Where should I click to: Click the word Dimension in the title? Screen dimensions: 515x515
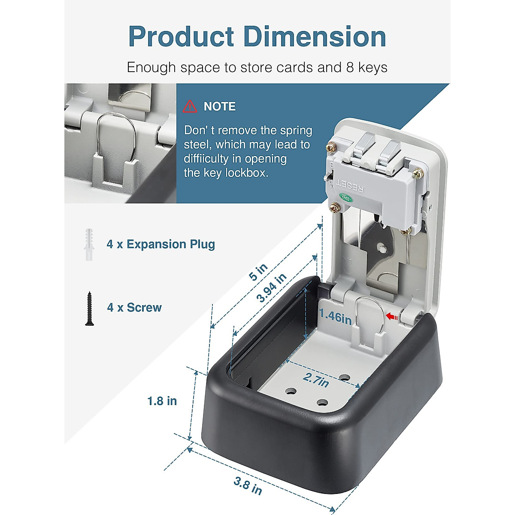315,36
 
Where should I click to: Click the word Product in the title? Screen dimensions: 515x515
182,36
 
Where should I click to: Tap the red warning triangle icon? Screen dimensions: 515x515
190,106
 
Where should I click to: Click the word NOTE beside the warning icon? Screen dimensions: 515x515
219,106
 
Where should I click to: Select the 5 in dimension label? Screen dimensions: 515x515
258,272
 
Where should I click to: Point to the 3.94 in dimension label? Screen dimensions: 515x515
272,288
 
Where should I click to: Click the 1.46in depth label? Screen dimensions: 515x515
336,317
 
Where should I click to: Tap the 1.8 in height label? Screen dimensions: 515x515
162,401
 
